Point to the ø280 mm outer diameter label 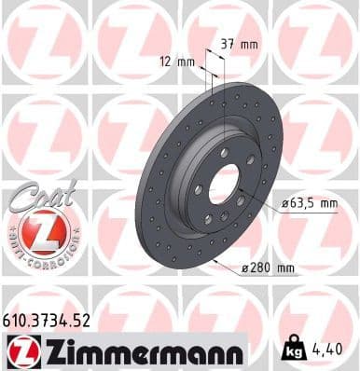268,268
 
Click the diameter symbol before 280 245,268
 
